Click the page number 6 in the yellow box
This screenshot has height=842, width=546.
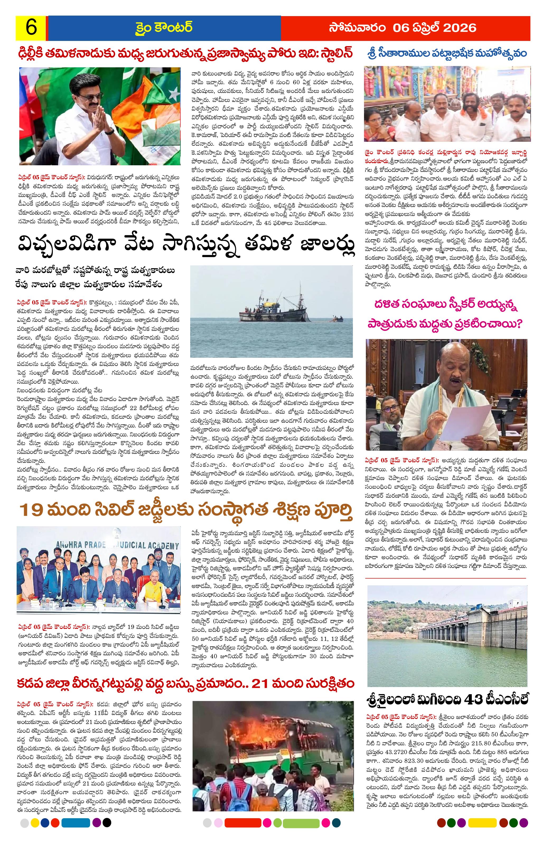point(31,28)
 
